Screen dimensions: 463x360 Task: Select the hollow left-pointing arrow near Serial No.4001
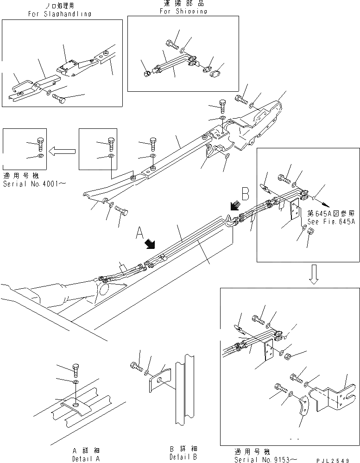63,150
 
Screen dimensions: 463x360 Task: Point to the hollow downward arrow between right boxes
314,277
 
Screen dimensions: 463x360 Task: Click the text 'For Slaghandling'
59,14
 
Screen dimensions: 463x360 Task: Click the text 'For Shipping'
183,11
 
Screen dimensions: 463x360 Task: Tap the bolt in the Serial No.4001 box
40,144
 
